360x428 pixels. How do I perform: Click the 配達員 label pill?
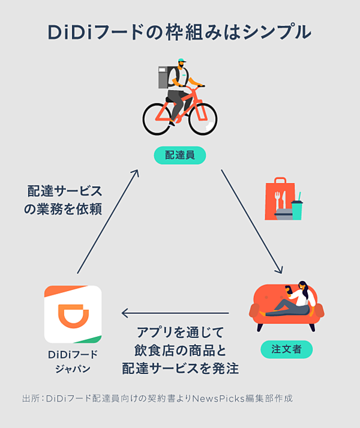click(x=180, y=155)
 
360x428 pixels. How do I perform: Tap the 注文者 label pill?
click(x=286, y=349)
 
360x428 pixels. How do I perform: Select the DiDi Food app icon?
click(x=73, y=314)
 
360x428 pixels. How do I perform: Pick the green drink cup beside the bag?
click(x=297, y=207)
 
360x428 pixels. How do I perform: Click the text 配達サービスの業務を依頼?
click(x=65, y=200)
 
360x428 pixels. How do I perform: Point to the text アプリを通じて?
click(x=180, y=332)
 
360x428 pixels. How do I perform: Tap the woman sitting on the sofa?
click(x=297, y=298)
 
